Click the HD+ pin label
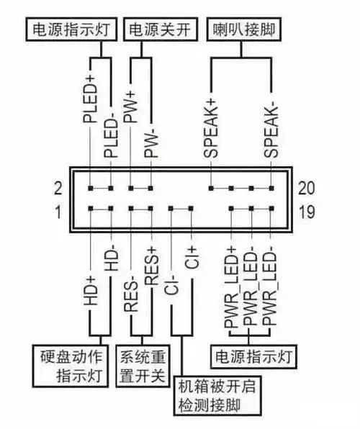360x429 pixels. [91, 292]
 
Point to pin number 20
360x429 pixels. [305, 188]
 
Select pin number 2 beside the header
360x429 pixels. [58, 188]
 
